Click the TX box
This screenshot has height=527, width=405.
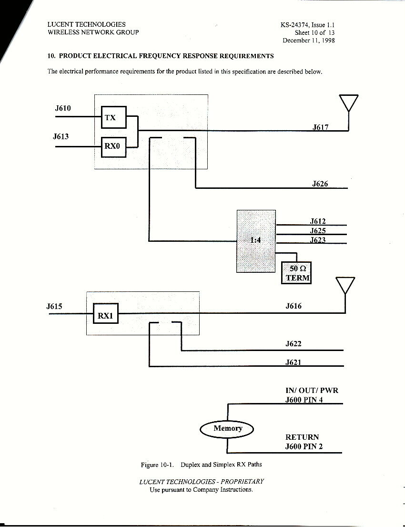pyautogui.click(x=113, y=117)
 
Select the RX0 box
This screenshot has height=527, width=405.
pyautogui.click(x=113, y=146)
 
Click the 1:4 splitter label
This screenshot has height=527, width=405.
pyautogui.click(x=256, y=240)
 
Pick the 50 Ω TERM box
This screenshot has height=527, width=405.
pyautogui.click(x=296, y=273)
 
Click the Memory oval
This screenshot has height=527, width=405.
pyautogui.click(x=227, y=428)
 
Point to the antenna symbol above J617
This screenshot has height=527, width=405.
pyautogui.click(x=349, y=103)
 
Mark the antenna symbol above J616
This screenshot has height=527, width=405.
pyautogui.click(x=345, y=285)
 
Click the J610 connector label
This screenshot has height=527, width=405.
pyautogui.click(x=63, y=108)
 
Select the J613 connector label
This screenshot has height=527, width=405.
pyautogui.click(x=61, y=137)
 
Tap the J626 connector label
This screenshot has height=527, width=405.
pyautogui.click(x=320, y=184)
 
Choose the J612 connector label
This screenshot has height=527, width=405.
pyautogui.click(x=318, y=221)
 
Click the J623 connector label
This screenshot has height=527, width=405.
pyautogui.click(x=318, y=240)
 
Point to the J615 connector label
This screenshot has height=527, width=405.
pyautogui.click(x=54, y=306)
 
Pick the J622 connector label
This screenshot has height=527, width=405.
pyautogui.click(x=294, y=344)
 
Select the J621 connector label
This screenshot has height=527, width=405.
pyautogui.click(x=294, y=362)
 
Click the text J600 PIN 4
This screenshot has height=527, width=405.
pyautogui.click(x=304, y=400)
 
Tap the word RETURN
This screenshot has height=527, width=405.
pyautogui.click(x=302, y=437)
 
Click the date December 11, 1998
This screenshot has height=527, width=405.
pyautogui.click(x=308, y=41)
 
